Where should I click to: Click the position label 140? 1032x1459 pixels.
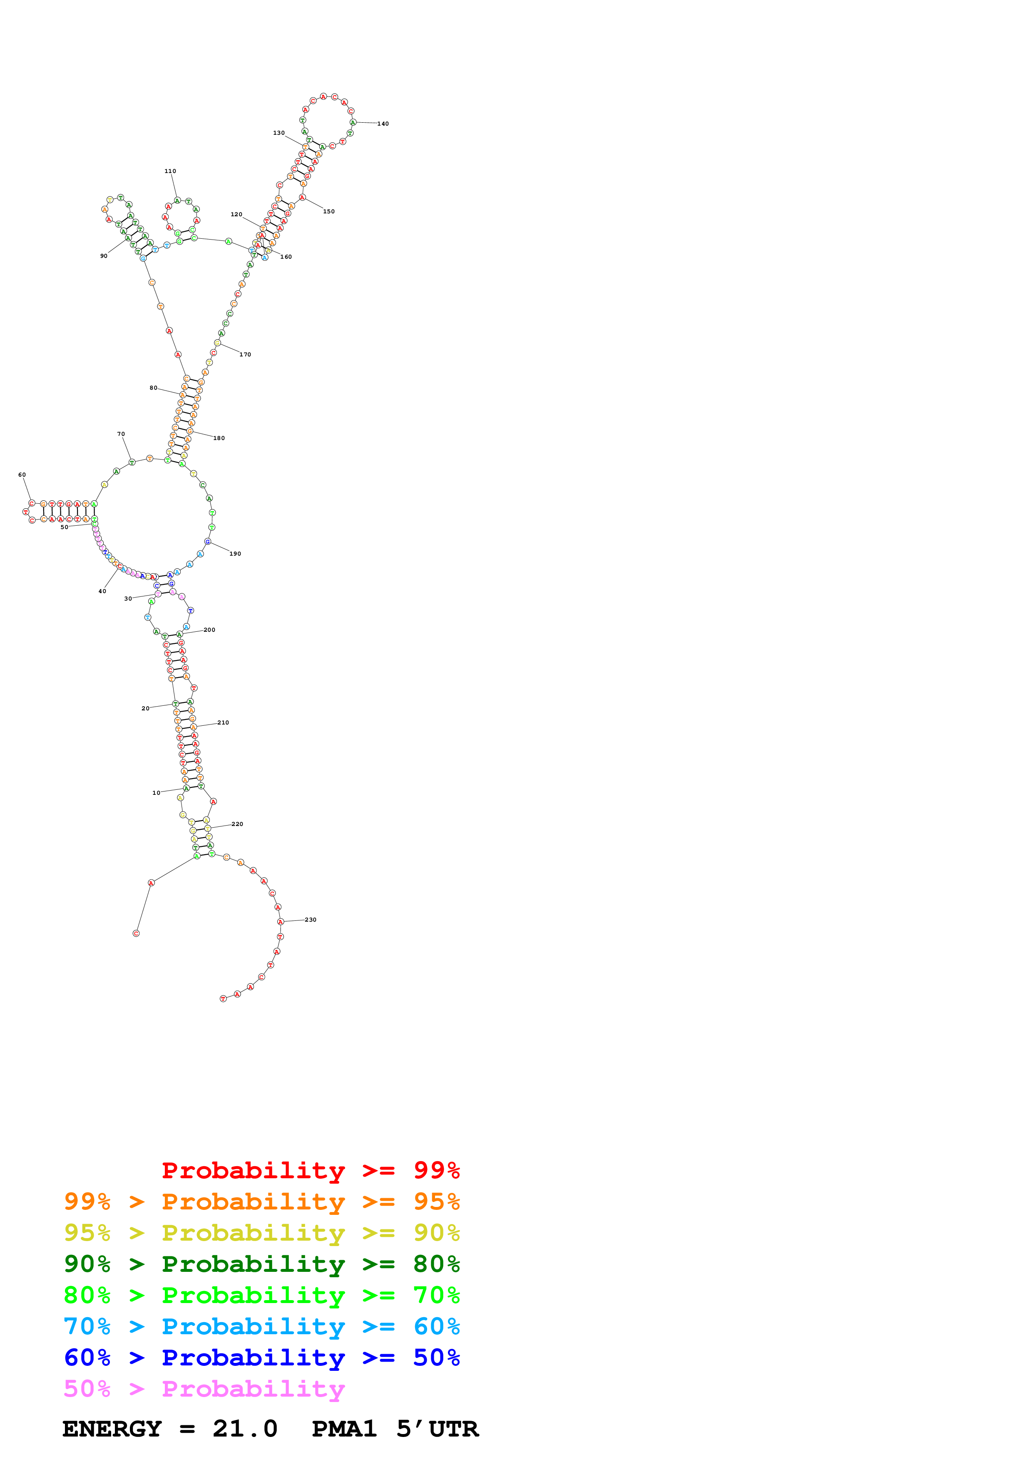tap(383, 124)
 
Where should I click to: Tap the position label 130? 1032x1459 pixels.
tap(279, 133)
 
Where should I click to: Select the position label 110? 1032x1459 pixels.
tap(170, 171)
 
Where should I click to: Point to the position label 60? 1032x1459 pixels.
tap(22, 475)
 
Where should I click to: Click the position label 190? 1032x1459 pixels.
tap(235, 554)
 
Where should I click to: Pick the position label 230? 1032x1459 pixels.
tap(310, 920)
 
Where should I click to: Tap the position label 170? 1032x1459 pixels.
tap(245, 355)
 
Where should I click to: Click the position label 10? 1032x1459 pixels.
tap(156, 793)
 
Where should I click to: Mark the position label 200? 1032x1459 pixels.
tap(209, 630)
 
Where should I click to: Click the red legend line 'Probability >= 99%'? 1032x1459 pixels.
tap(310, 1170)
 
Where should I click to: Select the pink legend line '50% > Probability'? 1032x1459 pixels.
tap(204, 1388)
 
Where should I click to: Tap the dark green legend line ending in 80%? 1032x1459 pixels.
tap(261, 1264)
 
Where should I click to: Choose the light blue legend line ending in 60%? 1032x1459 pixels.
tap(261, 1326)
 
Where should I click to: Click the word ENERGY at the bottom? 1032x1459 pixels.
tap(112, 1429)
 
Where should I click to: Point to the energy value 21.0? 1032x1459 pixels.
tap(245, 1429)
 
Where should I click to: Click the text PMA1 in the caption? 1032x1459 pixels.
tap(344, 1429)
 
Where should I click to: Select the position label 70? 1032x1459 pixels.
tap(121, 434)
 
